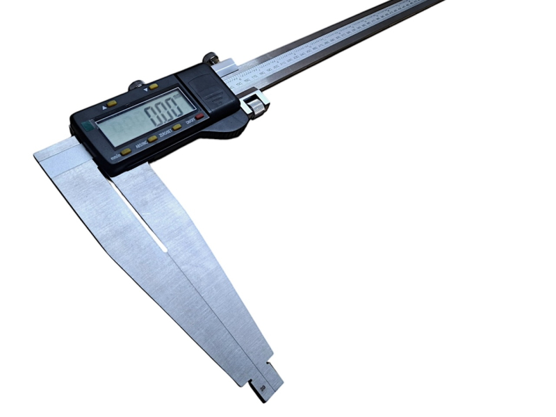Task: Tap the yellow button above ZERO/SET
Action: click(x=177, y=127)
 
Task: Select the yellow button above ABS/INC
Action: click(x=152, y=138)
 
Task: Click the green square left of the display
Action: click(x=88, y=127)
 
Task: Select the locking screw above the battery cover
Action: click(x=208, y=58)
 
